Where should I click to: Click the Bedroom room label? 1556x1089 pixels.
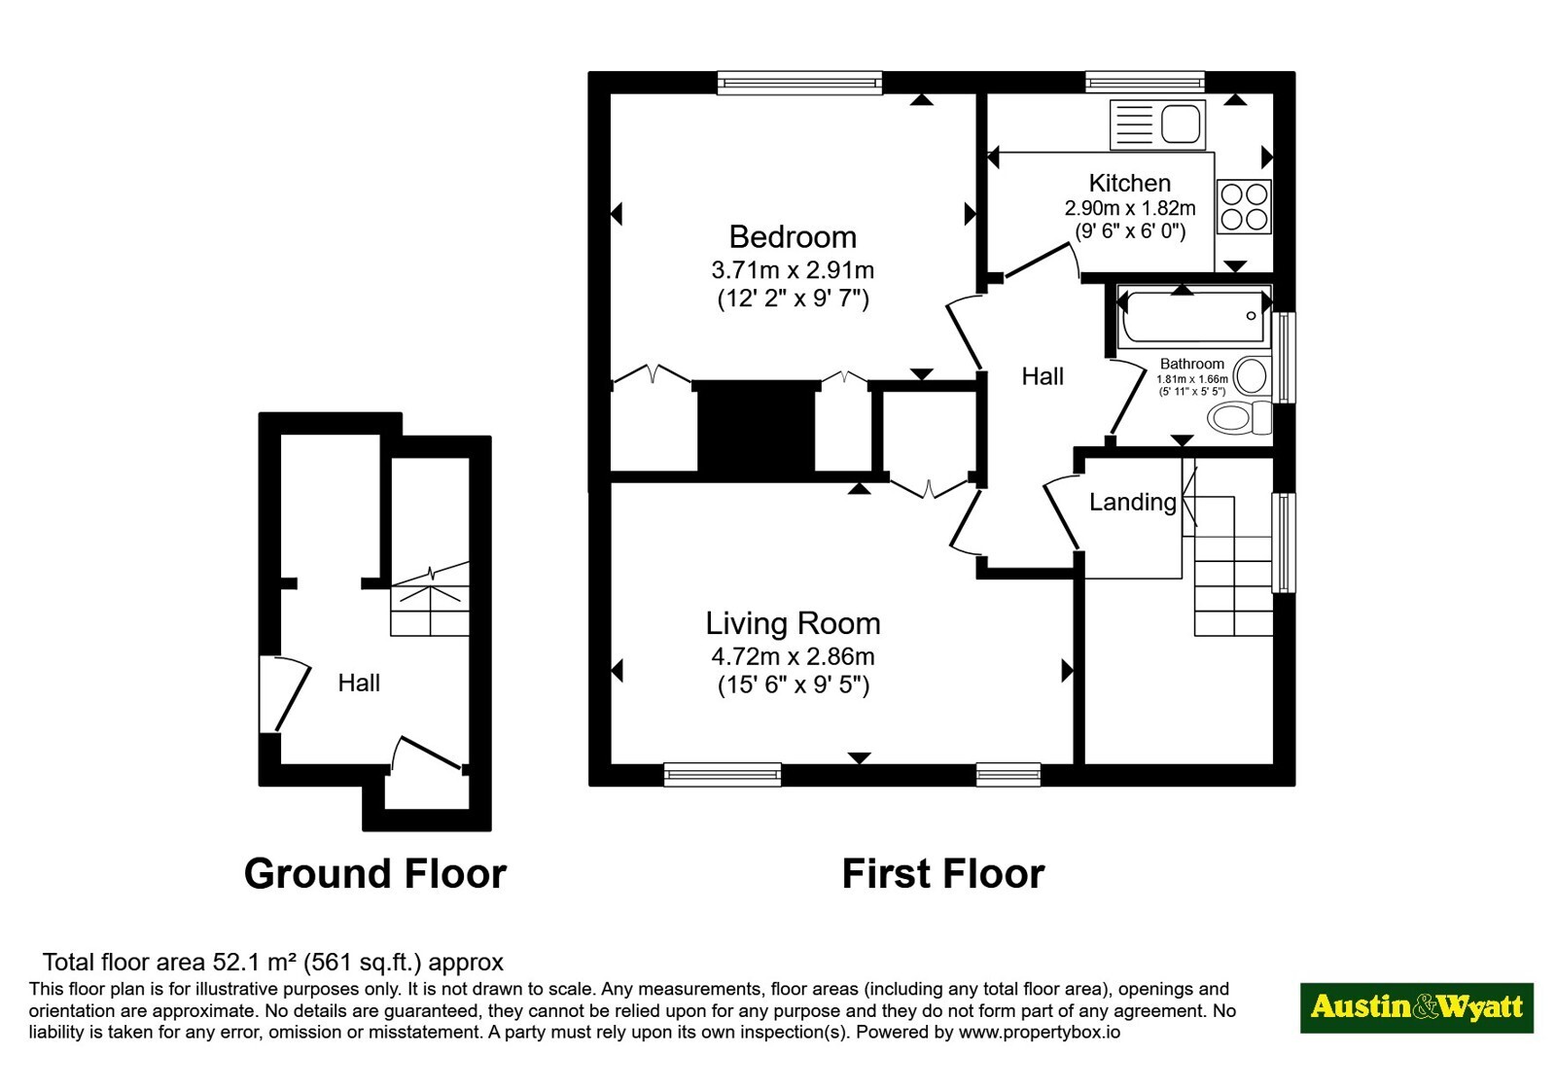tap(793, 237)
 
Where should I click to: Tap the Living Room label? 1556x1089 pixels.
tap(793, 623)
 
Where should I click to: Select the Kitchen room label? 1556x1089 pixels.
tap(1129, 184)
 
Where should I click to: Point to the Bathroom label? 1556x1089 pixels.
tap(1192, 364)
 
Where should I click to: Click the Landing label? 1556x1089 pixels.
tap(1132, 502)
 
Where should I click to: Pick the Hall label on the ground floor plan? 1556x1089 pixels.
tap(359, 684)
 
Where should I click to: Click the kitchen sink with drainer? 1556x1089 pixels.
tap(1158, 125)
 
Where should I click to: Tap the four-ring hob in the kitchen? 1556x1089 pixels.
tap(1244, 206)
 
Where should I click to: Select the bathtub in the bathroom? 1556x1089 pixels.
tap(1193, 317)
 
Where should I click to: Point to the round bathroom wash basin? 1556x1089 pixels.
tap(1251, 375)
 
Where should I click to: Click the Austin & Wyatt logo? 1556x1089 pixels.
tap(1416, 1007)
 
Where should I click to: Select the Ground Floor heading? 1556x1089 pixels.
tap(375, 874)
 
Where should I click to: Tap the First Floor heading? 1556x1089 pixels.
tap(943, 874)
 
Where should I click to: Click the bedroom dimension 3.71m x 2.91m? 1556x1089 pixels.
tap(793, 270)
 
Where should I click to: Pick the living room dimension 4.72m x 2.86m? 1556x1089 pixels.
tap(793, 656)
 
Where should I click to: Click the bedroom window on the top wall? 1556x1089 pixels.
tap(799, 84)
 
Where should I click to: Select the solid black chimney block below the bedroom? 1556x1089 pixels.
tap(757, 428)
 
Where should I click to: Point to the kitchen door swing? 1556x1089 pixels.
tap(1042, 261)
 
